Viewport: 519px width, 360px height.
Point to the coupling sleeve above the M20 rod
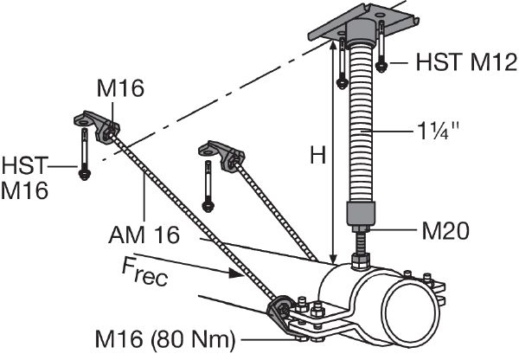362,213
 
